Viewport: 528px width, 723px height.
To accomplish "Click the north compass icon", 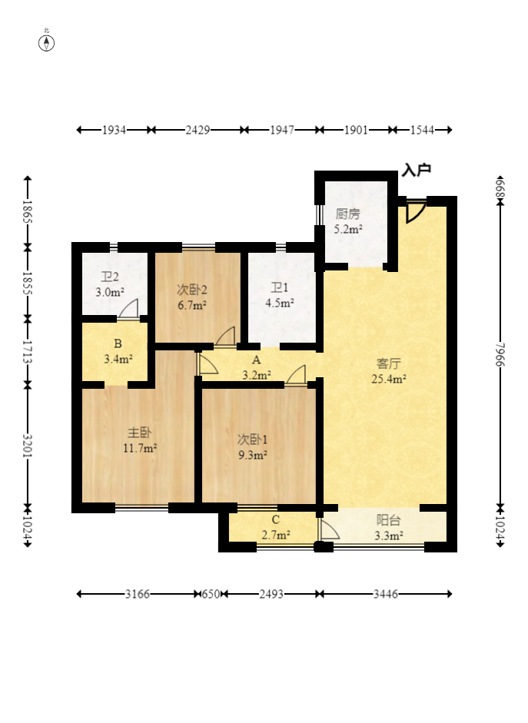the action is [x=46, y=42].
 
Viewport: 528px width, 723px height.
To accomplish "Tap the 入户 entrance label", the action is [x=417, y=170].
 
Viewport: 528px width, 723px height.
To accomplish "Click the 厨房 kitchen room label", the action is [x=347, y=214].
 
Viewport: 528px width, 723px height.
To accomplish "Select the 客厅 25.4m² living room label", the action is [x=389, y=371].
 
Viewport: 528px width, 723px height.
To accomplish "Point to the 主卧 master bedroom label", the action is [x=140, y=433].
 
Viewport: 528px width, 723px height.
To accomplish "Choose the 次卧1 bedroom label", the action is [x=252, y=439].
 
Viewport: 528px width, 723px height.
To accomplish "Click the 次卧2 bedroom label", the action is [x=192, y=290].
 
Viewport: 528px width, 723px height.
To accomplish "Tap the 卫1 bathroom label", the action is [x=280, y=287].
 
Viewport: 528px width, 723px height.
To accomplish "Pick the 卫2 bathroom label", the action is [x=110, y=277].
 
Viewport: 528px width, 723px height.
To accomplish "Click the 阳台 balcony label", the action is [x=388, y=520].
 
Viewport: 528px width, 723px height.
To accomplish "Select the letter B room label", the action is [x=118, y=343].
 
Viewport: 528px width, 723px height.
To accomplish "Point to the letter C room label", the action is [x=276, y=519].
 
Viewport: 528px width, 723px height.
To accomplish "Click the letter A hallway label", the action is [x=257, y=360].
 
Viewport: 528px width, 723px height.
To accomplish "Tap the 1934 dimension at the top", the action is [x=114, y=130].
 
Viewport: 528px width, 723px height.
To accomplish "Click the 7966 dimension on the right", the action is [x=500, y=354].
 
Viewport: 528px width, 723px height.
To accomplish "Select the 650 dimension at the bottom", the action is [x=211, y=594].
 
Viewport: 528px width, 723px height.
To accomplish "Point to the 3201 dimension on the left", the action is [x=28, y=446].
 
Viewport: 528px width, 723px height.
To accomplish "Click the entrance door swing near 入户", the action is [x=416, y=211].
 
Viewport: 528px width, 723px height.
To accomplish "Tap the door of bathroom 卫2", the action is [x=128, y=309].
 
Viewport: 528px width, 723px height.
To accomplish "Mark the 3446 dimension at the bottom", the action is [x=386, y=594].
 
